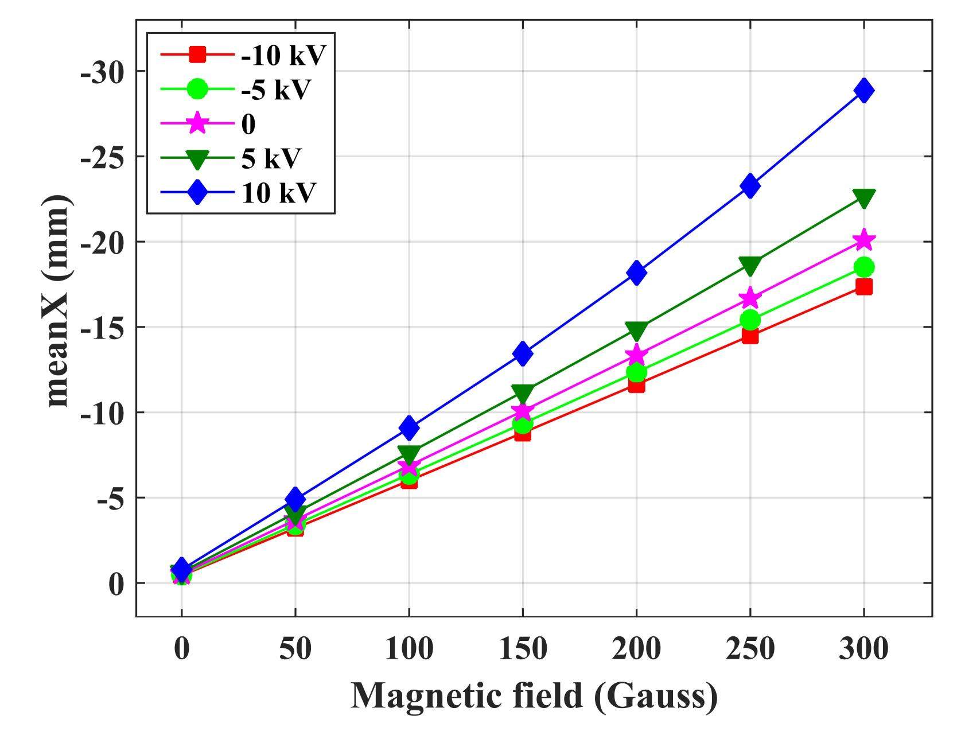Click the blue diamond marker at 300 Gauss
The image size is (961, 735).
863,91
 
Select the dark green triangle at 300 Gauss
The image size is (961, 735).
863,198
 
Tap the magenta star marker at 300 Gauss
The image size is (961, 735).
863,240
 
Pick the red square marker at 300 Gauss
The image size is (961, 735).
863,286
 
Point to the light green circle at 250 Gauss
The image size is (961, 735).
750,320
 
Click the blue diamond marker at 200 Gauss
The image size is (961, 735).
636,272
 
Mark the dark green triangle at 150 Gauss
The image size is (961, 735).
523,393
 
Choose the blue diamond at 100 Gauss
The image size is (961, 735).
409,427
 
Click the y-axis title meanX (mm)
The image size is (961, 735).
59,301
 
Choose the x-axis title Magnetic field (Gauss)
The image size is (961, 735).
534,696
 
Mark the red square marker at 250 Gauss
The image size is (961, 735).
750,336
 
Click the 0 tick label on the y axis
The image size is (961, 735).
116,584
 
